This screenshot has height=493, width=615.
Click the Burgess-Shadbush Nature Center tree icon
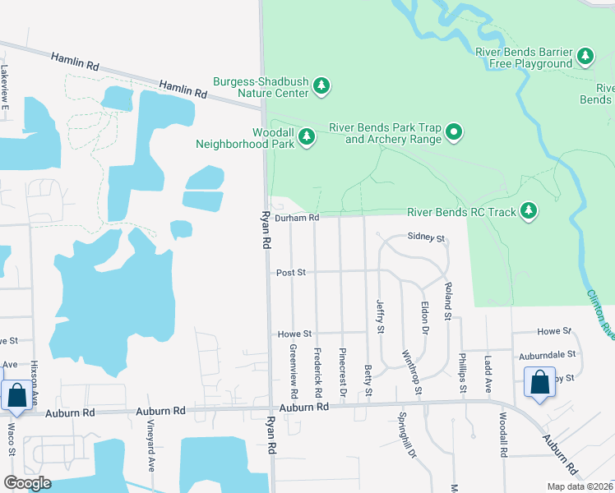coord(322,85)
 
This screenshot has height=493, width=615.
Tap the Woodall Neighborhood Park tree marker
coord(307,136)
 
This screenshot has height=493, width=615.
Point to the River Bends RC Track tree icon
coord(529,211)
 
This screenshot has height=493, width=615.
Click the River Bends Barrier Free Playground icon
coord(585,56)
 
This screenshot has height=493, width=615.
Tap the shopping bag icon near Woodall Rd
coord(539,382)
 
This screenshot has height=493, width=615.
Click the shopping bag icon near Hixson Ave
coord(16,395)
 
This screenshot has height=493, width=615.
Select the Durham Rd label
coord(297,218)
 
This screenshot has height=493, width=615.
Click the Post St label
coord(291,272)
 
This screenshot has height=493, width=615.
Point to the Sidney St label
coord(427,238)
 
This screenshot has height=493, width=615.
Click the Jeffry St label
coord(380,316)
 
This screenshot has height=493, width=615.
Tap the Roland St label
coord(448,301)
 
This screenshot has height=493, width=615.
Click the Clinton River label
coord(601,312)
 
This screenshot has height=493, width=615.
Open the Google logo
coord(27,483)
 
